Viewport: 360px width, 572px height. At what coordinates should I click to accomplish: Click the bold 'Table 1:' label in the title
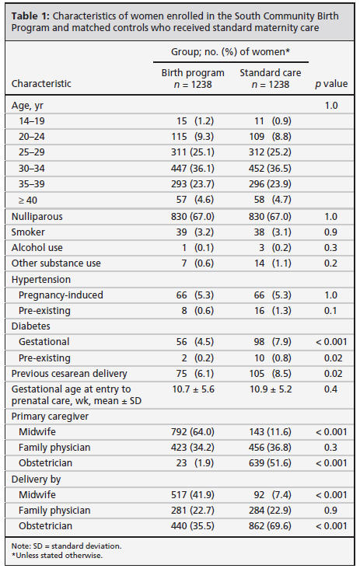30,16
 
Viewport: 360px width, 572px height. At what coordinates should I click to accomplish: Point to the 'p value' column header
331,84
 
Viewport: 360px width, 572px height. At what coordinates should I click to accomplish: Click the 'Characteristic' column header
41,83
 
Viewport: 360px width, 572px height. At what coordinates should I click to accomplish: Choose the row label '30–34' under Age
32,168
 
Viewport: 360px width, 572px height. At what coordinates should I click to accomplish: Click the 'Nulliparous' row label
37,216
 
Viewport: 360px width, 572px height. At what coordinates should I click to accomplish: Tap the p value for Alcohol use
330,248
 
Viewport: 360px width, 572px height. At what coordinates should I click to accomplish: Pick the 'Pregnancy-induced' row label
61,295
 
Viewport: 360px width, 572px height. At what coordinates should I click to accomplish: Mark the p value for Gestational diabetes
331,342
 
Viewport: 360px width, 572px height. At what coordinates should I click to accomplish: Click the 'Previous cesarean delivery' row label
69,374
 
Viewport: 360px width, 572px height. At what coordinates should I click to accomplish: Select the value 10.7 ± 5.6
193,389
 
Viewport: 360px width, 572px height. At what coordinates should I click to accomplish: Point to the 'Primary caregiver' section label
50,417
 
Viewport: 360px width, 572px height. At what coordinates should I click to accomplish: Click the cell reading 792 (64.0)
193,432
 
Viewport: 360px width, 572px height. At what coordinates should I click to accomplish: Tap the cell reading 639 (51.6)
270,463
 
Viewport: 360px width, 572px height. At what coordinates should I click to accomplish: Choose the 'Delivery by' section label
36,479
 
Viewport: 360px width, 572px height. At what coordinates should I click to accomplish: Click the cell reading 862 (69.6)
270,525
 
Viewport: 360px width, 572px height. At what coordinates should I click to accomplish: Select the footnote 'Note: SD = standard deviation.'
66,546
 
